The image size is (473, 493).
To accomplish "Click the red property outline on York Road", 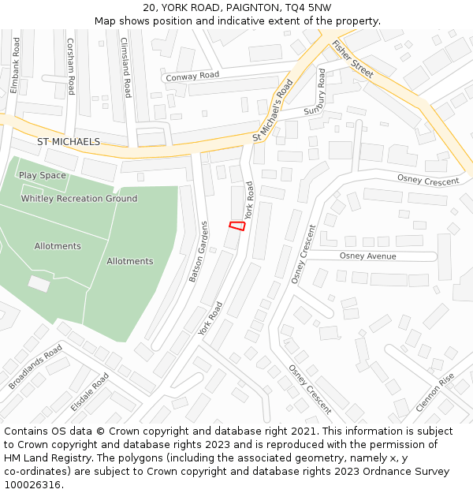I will point(236,226).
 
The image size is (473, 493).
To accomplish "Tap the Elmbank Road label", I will point(14,65).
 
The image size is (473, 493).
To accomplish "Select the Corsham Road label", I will point(70,67).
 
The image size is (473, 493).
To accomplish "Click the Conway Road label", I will point(191,76).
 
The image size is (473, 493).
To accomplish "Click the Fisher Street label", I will point(352,58).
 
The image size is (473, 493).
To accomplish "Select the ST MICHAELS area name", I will point(69,141).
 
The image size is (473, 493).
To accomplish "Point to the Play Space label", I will point(43,175).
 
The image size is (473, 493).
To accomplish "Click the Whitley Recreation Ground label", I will point(79,199).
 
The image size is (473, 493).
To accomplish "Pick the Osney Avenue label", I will point(367,256).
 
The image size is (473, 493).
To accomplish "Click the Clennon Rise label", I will point(435,393).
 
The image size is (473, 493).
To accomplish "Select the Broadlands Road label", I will point(35,367).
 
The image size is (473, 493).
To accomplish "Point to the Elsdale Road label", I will point(89,392).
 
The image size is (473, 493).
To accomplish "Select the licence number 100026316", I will point(32,484).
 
